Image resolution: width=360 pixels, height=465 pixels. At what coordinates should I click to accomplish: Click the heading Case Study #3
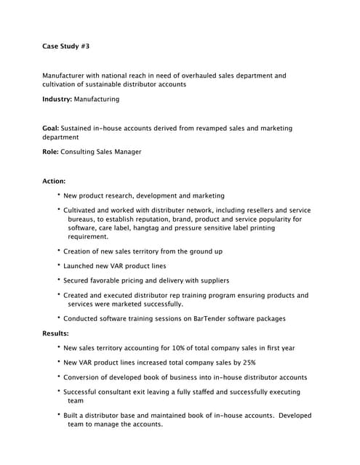click(x=66, y=46)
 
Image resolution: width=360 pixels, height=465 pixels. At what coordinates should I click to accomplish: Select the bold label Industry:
click(x=57, y=99)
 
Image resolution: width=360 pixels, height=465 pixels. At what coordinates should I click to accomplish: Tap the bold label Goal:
click(x=50, y=128)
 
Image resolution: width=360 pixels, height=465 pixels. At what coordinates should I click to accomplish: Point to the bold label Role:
click(x=50, y=152)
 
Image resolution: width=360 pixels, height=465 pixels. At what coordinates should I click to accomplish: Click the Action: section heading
click(x=54, y=181)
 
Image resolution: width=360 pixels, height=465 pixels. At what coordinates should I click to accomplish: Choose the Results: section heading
click(x=55, y=333)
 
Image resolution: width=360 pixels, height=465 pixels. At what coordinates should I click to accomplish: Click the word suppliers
click(x=212, y=280)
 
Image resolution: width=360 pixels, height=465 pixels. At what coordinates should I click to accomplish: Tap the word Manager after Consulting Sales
click(x=125, y=152)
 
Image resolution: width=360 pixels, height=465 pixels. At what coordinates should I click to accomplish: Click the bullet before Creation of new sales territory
click(x=58, y=251)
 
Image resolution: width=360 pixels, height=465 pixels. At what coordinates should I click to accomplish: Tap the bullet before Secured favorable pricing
click(x=58, y=280)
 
